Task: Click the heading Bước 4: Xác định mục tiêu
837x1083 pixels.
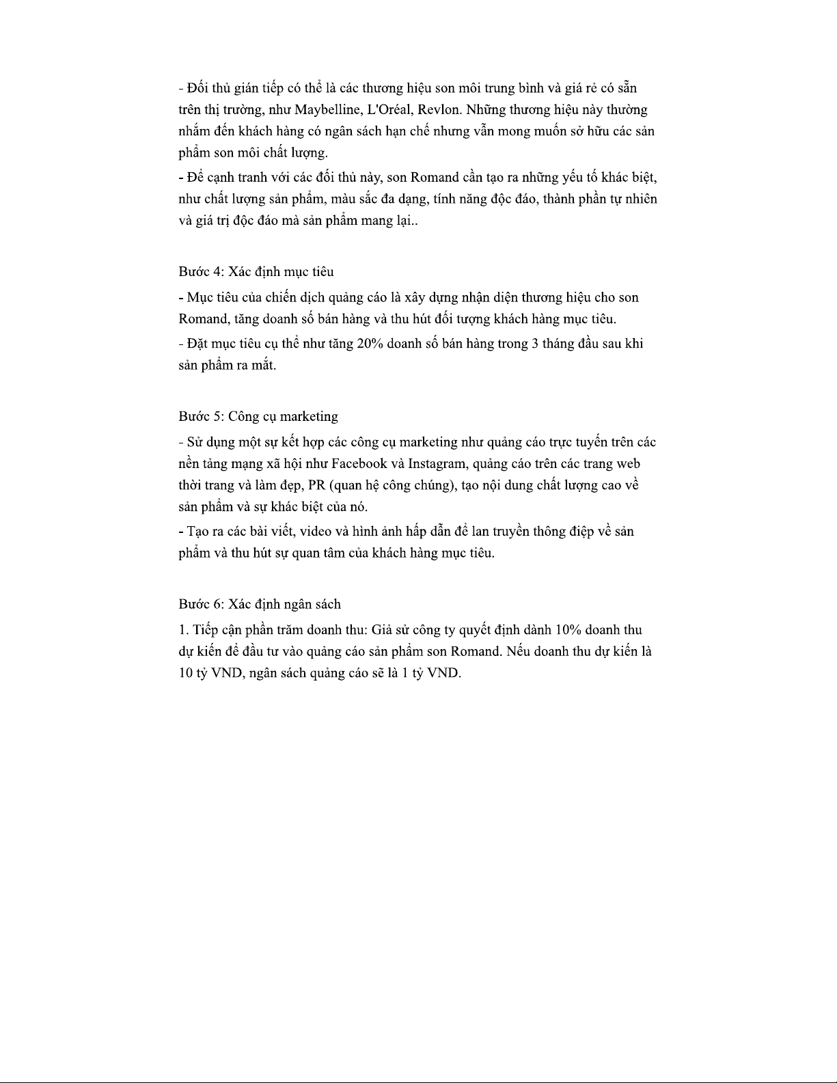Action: (x=256, y=272)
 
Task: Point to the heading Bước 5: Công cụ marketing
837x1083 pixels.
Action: (x=258, y=417)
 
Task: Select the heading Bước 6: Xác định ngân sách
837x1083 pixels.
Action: (x=260, y=605)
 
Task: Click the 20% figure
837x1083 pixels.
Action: (x=370, y=344)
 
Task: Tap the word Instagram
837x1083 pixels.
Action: (x=438, y=464)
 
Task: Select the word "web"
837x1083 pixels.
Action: (x=629, y=464)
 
